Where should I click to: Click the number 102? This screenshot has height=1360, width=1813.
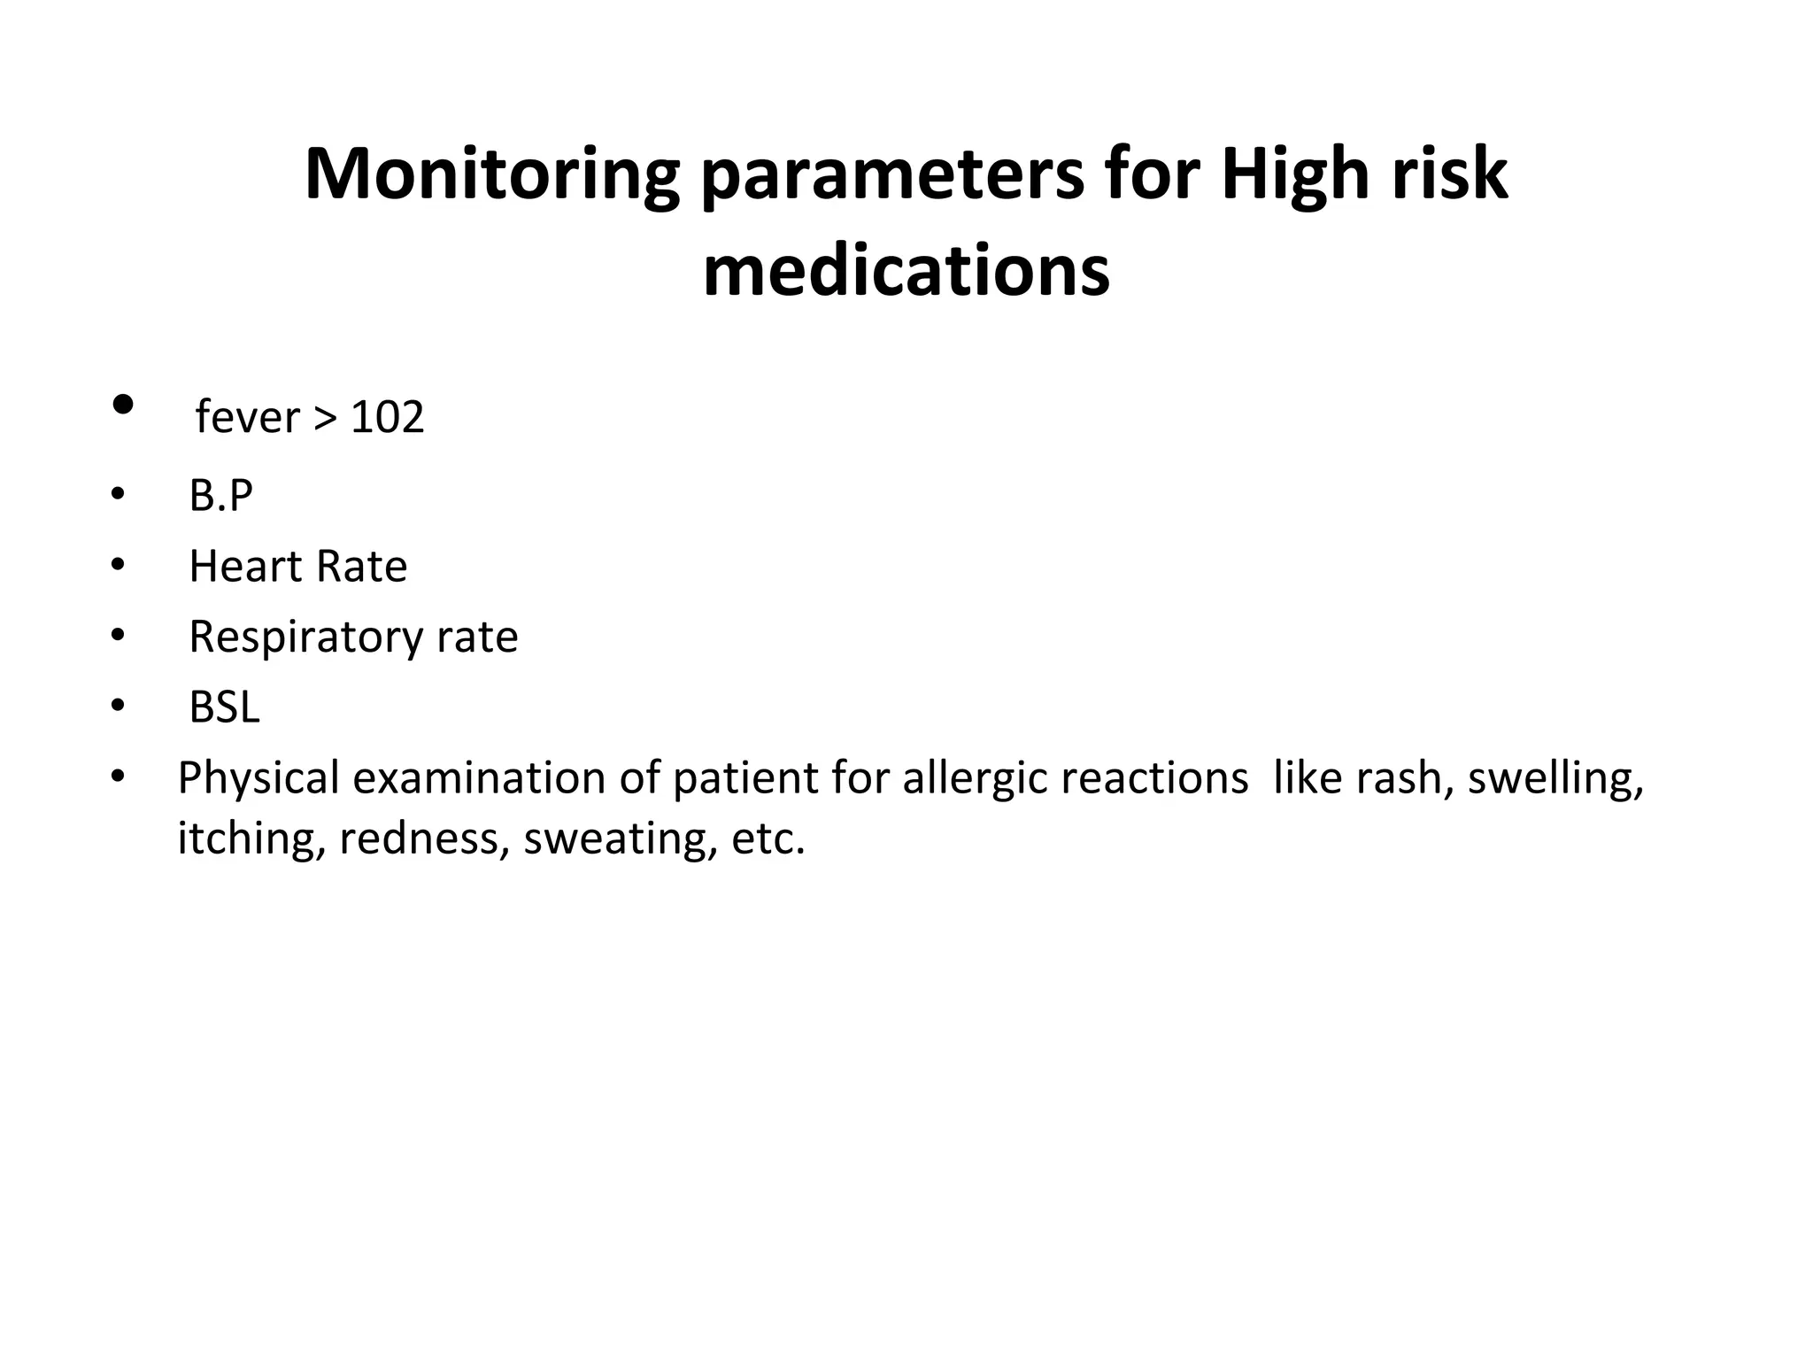pyautogui.click(x=387, y=417)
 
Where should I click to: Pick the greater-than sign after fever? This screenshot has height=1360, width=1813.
pyautogui.click(x=325, y=418)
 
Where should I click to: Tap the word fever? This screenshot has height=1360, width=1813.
pyautogui.click(x=247, y=417)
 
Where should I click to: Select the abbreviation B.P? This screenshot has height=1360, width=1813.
pyautogui.click(x=220, y=495)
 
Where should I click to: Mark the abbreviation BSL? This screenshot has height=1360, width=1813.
pyautogui.click(x=224, y=707)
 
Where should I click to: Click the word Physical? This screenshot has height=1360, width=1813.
pyautogui.click(x=258, y=778)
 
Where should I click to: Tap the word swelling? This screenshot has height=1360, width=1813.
pyautogui.click(x=1555, y=778)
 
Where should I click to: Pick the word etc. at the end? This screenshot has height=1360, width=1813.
pyautogui.click(x=768, y=838)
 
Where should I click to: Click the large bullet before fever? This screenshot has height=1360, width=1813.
pyautogui.click(x=123, y=406)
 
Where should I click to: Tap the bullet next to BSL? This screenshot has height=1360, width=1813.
pyautogui.click(x=118, y=707)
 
